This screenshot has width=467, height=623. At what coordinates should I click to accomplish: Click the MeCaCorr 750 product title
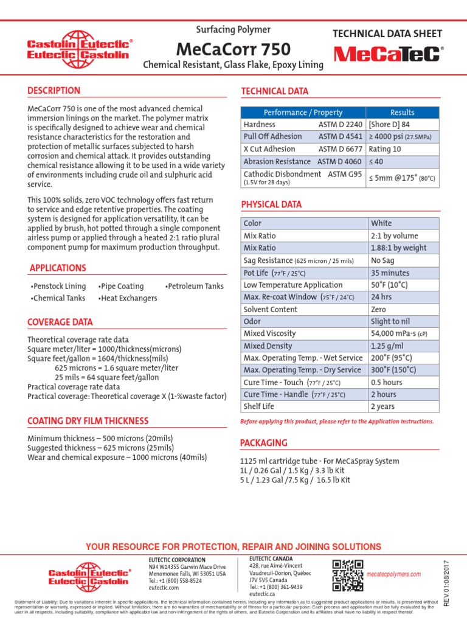[x=233, y=49]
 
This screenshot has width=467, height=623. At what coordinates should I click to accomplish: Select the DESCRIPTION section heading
[x=54, y=91]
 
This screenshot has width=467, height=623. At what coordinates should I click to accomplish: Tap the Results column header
[x=402, y=113]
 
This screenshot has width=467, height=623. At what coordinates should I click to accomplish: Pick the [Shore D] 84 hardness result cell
[x=390, y=124]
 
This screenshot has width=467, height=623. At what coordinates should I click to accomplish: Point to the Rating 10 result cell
[x=385, y=149]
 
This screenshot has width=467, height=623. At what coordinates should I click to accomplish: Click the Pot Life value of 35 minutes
[x=390, y=273]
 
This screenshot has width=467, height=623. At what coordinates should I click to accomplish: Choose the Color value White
[x=381, y=223]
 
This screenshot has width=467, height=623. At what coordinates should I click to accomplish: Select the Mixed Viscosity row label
[x=269, y=333]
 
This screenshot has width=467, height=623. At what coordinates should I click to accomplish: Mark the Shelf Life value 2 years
[x=383, y=406]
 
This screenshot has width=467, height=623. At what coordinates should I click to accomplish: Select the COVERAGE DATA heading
[x=60, y=322]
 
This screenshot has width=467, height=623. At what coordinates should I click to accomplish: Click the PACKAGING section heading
[x=264, y=443]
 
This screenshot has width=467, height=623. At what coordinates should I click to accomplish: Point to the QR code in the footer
[x=348, y=576]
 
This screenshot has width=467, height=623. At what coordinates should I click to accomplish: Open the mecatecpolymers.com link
[x=393, y=574]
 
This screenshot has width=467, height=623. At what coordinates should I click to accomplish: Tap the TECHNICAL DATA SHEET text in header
[x=387, y=34]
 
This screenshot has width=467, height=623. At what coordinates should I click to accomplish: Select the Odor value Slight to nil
[x=390, y=321]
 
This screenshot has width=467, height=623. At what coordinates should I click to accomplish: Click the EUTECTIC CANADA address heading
[x=271, y=559]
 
